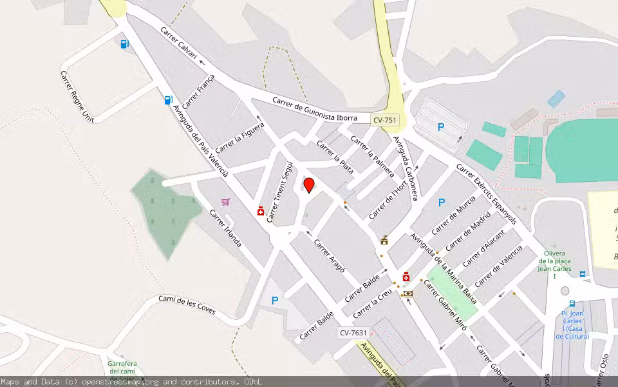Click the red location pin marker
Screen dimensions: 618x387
coord(309,185)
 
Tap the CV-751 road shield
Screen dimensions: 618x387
coord(385,120)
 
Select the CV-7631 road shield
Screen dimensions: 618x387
coord(353,333)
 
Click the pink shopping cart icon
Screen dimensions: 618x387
coord(226,202)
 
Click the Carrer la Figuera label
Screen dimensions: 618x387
coord(239,138)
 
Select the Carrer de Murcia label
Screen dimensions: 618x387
coord(453,214)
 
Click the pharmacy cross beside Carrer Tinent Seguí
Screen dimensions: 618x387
coord(261,211)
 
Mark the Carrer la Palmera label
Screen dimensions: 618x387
coord(372,155)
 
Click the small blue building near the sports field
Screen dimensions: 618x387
coord(556,99)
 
